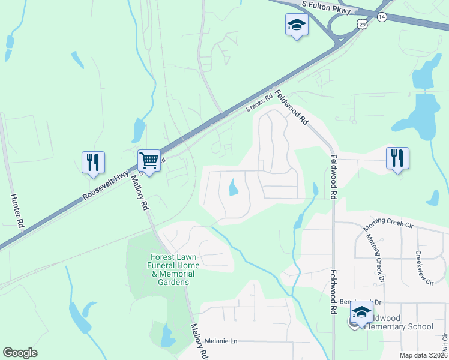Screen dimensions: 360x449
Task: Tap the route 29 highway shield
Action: click(x=361, y=23)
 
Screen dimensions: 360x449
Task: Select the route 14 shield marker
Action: click(x=382, y=17)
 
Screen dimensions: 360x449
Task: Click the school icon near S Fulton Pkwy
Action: click(x=295, y=25)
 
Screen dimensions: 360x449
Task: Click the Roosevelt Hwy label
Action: click(x=106, y=184)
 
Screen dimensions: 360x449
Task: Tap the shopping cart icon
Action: click(x=149, y=161)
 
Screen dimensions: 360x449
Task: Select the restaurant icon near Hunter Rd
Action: click(x=93, y=163)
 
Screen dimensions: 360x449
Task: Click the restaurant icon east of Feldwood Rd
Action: click(x=397, y=158)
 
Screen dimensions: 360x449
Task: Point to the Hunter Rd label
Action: click(x=16, y=210)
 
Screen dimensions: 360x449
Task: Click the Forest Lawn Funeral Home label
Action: click(x=175, y=269)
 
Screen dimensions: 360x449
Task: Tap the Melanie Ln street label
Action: click(x=221, y=341)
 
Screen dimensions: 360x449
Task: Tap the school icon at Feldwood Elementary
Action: click(x=361, y=312)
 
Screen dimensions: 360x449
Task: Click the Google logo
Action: click(x=20, y=352)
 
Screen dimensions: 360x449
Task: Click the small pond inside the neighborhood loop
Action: click(x=234, y=189)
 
